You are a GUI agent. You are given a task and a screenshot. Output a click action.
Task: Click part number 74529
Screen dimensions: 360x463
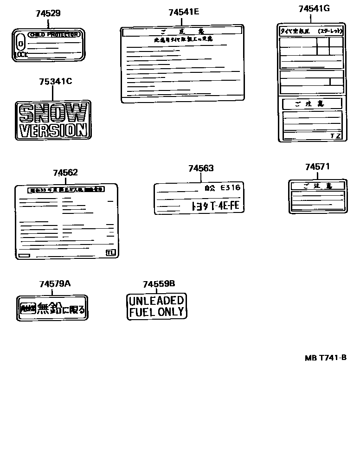48,13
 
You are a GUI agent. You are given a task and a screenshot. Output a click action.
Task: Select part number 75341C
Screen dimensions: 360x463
55,82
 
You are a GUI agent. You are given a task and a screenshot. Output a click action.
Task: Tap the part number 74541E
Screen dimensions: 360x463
184,12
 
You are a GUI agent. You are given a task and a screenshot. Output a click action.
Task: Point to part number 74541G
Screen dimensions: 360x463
314,8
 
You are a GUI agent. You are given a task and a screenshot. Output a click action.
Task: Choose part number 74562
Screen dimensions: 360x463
65,173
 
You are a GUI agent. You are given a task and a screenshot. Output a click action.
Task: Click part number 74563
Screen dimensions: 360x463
201,169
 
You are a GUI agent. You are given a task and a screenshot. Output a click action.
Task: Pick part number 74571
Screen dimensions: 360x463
317,167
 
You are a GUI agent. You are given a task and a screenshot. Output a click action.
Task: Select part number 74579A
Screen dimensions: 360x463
55,283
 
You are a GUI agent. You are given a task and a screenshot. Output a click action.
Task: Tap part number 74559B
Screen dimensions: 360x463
159,284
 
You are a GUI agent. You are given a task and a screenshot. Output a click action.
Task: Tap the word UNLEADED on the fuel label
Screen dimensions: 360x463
156,301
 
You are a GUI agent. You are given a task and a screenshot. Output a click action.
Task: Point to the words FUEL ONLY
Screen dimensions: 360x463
156,312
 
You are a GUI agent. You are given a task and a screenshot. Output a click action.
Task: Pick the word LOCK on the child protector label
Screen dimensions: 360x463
21,55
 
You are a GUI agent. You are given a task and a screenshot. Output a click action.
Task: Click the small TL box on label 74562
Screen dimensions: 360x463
110,253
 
